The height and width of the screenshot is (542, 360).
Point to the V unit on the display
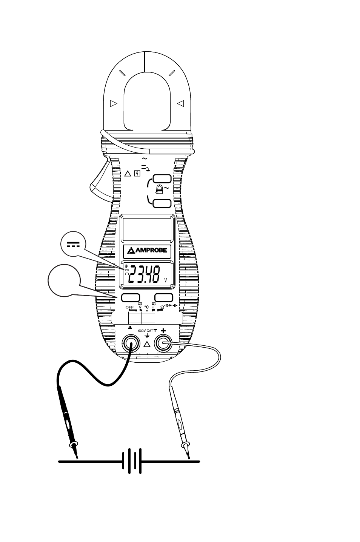pos(165,281)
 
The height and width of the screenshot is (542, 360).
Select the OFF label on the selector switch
pos(129,307)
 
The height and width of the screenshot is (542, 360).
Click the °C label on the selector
pos(146,307)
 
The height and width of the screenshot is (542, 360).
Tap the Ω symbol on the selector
pos(162,307)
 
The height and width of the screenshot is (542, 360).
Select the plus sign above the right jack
pos(163,330)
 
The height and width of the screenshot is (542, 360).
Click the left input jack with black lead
pos(130,343)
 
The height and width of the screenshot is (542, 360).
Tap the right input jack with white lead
pos(163,343)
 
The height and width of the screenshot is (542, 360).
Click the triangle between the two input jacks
pos(147,344)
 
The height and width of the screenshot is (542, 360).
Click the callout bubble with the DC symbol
pos(73,245)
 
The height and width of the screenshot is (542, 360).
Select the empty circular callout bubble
pos(64,280)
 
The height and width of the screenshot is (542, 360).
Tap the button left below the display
pos(131,297)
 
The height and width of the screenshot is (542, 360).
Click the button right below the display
pos(164,297)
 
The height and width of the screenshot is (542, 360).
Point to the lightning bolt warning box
pos(138,174)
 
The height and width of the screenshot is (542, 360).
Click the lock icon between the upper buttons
pos(159,191)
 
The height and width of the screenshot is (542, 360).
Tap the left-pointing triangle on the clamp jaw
pos(180,103)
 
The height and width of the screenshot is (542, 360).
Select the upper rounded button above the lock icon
pos(162,179)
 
